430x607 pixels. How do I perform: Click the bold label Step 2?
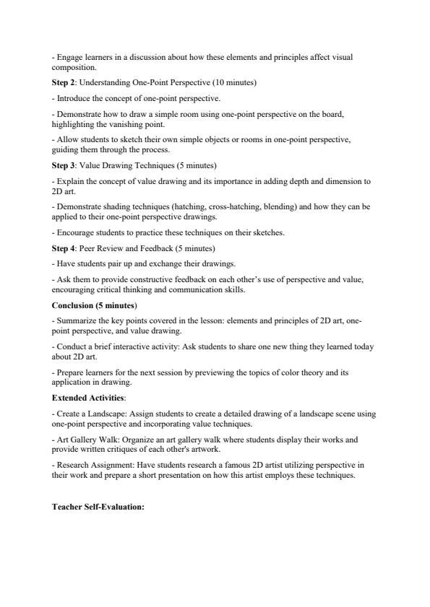64,83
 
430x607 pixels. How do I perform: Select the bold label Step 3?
64,165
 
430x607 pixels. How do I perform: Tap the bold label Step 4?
64,248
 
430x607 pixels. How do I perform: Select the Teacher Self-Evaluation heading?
98,507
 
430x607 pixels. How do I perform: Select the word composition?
72,68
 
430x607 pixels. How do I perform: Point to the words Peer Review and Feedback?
134,248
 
